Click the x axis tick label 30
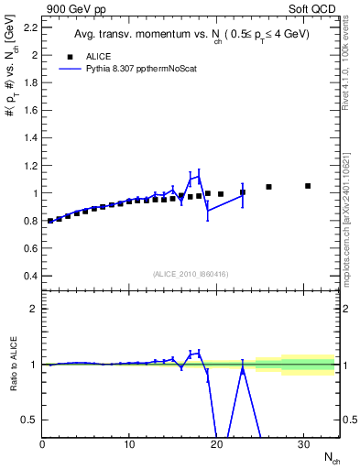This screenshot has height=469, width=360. click(x=303, y=444)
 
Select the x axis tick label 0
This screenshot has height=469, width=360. click(x=42, y=444)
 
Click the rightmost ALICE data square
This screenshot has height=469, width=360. click(x=308, y=186)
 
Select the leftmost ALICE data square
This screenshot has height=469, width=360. click(x=50, y=221)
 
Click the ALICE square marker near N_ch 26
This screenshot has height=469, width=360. click(x=268, y=187)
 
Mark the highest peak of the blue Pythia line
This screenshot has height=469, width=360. click(x=199, y=176)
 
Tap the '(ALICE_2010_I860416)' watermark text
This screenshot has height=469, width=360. click(x=190, y=274)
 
